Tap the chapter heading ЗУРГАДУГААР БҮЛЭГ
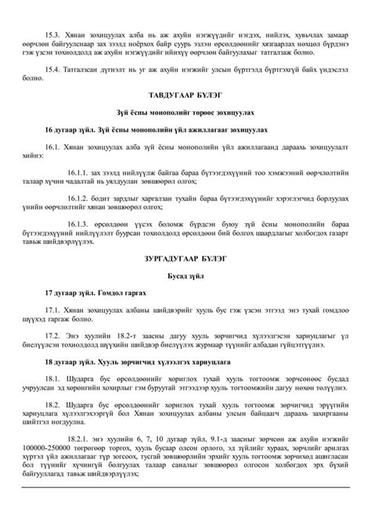tap(185, 257)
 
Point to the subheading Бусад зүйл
tap(185, 275)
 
